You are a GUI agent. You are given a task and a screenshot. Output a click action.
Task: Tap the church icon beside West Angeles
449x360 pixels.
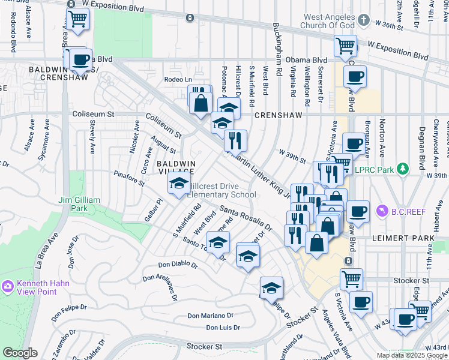363,20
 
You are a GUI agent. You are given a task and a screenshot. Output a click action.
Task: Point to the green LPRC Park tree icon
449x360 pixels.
405,169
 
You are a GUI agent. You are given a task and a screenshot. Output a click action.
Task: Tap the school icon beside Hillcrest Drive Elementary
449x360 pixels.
178,185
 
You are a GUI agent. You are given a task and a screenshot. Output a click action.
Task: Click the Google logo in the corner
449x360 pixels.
20,353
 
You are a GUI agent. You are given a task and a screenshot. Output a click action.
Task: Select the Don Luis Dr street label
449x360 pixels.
223,328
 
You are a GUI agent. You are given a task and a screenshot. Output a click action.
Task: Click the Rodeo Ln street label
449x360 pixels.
177,79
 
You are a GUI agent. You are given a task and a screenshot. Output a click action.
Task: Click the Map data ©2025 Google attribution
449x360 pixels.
412,355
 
